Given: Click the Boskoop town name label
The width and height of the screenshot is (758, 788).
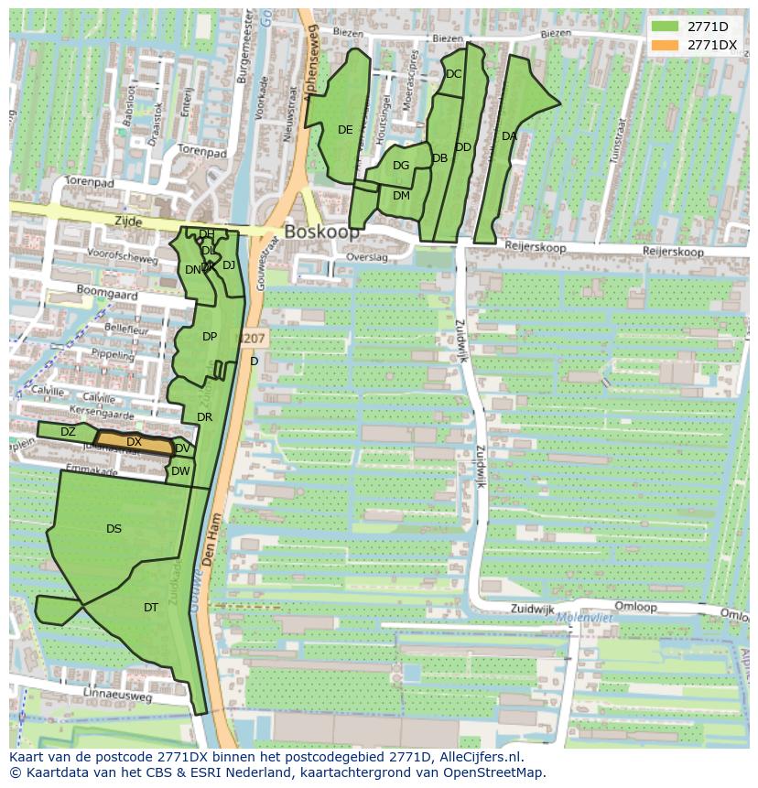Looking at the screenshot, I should (321, 232).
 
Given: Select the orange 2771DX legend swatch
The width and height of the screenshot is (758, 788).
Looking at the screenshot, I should (666, 45).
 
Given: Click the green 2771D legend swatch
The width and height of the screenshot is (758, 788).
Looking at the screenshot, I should (666, 27).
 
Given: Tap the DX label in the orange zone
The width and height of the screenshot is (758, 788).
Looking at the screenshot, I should (134, 442).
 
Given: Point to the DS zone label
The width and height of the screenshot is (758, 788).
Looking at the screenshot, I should (114, 529).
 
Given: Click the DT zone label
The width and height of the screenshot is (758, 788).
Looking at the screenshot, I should (151, 607).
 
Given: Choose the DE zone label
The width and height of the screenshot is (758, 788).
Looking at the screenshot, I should (345, 130).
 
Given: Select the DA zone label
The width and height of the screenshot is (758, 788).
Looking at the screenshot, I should (509, 136).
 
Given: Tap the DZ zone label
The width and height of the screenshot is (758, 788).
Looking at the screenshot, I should (68, 432).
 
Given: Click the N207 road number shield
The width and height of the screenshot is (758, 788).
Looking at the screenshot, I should (254, 339).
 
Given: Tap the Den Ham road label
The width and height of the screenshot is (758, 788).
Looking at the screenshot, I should (211, 541).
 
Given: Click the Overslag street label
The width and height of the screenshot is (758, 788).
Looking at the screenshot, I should (367, 258).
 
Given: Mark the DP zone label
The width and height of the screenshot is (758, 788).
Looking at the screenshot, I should (210, 337).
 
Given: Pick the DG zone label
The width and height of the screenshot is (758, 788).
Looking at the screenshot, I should (401, 166).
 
